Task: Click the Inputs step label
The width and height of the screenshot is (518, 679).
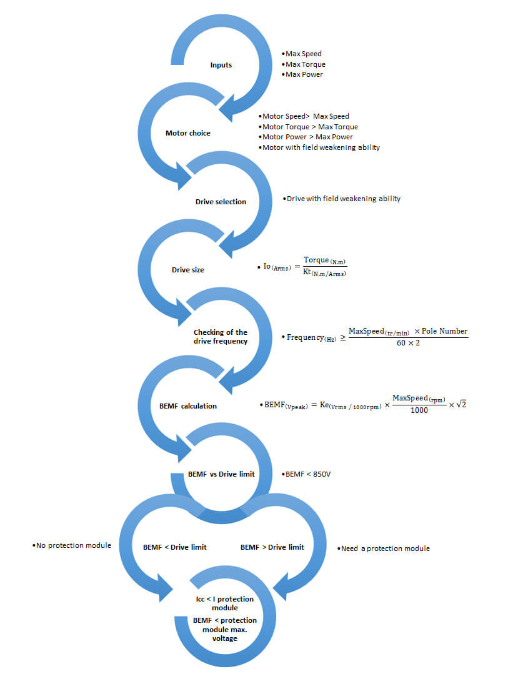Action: pyautogui.click(x=221, y=65)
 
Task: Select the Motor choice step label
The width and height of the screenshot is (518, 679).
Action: pyautogui.click(x=187, y=133)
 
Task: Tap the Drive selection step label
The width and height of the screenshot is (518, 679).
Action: pyautogui.click(x=221, y=202)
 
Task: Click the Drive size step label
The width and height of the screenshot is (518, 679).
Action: pyautogui.click(x=188, y=270)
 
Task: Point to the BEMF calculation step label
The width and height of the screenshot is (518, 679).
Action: pyautogui.click(x=187, y=406)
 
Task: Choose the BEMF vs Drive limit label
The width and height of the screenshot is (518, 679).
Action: pyautogui.click(x=221, y=474)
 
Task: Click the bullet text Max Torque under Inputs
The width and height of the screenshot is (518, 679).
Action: pyautogui.click(x=305, y=64)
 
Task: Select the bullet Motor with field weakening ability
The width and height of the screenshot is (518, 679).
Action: pyautogui.click(x=321, y=147)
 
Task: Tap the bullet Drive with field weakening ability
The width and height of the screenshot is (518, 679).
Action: pyautogui.click(x=343, y=199)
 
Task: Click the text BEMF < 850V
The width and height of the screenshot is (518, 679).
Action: pyautogui.click(x=307, y=475)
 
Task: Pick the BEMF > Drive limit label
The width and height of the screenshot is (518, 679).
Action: pyautogui.click(x=272, y=547)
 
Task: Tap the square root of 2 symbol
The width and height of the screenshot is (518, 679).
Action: pyautogui.click(x=461, y=404)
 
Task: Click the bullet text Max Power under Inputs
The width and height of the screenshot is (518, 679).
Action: pyautogui.click(x=304, y=74)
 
